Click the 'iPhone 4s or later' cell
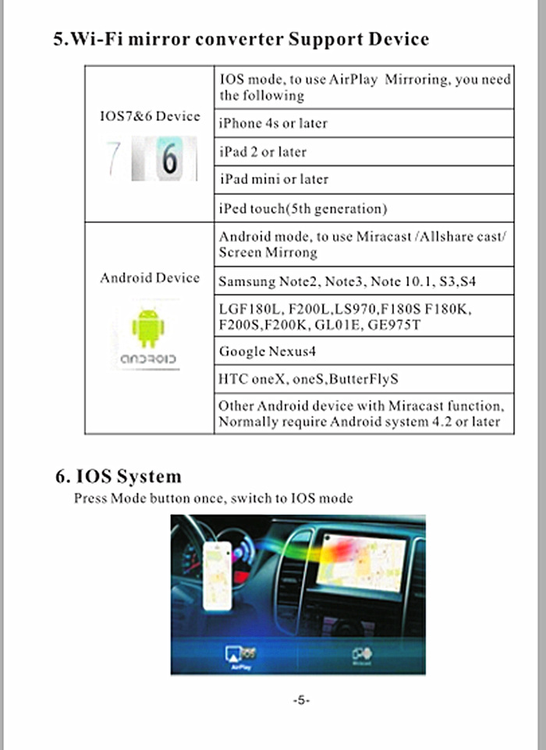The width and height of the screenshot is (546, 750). pyautogui.click(x=273, y=123)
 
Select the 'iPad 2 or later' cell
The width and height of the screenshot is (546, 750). pyautogui.click(x=263, y=151)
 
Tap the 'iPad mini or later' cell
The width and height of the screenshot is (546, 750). pyautogui.click(x=274, y=179)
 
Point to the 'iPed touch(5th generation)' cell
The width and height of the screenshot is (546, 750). pyautogui.click(x=303, y=208)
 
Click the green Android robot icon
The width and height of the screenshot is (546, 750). pyautogui.click(x=148, y=327)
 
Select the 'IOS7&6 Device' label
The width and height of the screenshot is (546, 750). pyautogui.click(x=149, y=116)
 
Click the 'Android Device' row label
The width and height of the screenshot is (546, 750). pyautogui.click(x=149, y=278)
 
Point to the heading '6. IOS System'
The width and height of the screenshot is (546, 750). pyautogui.click(x=117, y=476)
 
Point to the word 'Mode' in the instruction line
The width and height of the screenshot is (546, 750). pyautogui.click(x=128, y=498)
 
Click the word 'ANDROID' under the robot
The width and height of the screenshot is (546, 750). pyautogui.click(x=148, y=360)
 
